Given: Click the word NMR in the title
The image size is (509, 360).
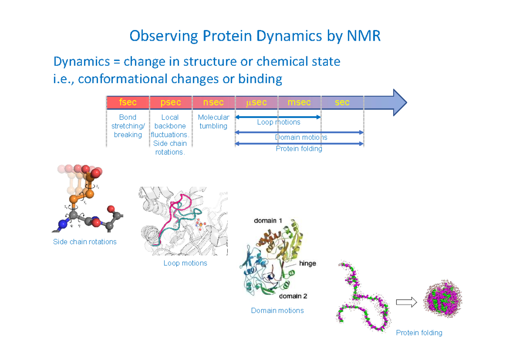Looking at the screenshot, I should click(x=364, y=36).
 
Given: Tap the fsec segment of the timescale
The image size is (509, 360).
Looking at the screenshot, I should click(x=128, y=103).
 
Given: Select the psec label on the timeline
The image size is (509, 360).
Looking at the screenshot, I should click(x=171, y=103).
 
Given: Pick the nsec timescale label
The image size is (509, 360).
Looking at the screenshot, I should click(x=213, y=103).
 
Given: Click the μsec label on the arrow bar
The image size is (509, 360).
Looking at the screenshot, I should click(x=256, y=103).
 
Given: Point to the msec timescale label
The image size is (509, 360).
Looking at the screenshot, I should click(x=299, y=103).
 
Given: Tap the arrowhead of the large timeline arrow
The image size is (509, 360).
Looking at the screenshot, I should click(x=399, y=103).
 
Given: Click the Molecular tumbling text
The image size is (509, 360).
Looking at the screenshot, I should click(x=213, y=122).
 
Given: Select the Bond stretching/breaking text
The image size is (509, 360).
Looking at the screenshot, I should click(x=128, y=126).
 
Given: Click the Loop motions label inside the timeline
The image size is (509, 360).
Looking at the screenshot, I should click(x=278, y=122).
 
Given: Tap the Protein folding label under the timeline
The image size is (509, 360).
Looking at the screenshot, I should click(x=299, y=149).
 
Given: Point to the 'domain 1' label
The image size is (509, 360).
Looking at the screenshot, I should click(x=268, y=221).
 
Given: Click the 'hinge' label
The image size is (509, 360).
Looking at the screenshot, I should click(x=308, y=263).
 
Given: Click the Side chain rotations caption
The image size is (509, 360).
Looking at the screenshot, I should click(x=84, y=242).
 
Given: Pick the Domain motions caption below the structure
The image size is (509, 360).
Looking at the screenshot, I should click(x=277, y=311).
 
